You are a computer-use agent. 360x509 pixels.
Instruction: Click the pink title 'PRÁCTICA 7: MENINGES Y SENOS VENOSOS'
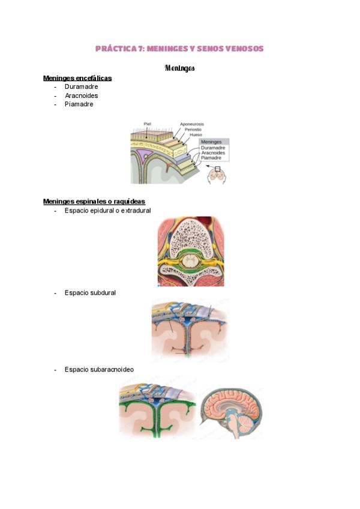point(179,49)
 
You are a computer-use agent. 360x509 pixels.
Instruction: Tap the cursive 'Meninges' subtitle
point(180,68)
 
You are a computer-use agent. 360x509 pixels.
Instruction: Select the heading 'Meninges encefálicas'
point(77,78)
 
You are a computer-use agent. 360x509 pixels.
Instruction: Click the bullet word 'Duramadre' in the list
point(81,86)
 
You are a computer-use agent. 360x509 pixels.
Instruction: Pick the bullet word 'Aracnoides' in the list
point(82,95)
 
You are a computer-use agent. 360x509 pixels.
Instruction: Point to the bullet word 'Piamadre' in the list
point(79,104)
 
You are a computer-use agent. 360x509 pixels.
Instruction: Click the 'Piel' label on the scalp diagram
point(148,124)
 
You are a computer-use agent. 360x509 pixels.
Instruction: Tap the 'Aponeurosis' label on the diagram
point(192,124)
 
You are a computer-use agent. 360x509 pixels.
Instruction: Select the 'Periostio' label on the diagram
point(193,130)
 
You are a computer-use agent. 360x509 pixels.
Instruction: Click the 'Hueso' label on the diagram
point(196,134)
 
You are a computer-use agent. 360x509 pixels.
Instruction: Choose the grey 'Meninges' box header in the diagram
point(214,142)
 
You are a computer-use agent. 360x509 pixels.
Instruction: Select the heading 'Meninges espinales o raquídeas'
point(94,202)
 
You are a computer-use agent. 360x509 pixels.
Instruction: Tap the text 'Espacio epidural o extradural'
point(108,210)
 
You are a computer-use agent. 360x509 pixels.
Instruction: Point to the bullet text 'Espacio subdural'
point(90,293)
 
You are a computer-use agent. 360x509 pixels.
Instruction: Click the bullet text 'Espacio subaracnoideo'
point(99,369)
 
